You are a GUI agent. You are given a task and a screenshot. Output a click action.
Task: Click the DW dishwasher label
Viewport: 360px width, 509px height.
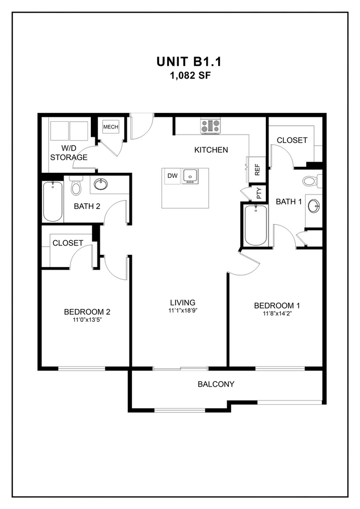[173, 176]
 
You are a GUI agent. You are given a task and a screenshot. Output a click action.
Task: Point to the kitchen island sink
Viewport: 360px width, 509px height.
[190, 176]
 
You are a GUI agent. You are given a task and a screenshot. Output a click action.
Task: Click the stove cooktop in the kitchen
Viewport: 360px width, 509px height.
[210, 126]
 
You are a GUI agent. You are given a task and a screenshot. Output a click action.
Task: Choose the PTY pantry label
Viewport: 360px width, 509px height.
[259, 193]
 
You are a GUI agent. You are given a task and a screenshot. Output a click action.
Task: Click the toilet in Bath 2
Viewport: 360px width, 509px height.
[76, 186]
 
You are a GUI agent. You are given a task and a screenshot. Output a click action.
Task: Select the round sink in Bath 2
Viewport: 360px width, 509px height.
[101, 184]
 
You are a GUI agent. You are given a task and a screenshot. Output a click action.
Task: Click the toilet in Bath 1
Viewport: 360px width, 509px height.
[311, 181]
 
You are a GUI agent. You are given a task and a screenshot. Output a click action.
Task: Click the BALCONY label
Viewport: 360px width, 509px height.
[216, 384]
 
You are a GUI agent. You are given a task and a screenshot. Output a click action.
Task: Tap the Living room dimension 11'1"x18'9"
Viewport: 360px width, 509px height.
[183, 311]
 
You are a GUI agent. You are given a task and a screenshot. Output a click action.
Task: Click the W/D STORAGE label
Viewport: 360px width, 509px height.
[69, 153]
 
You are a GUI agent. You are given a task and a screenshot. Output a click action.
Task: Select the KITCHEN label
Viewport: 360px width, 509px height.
[211, 150]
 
